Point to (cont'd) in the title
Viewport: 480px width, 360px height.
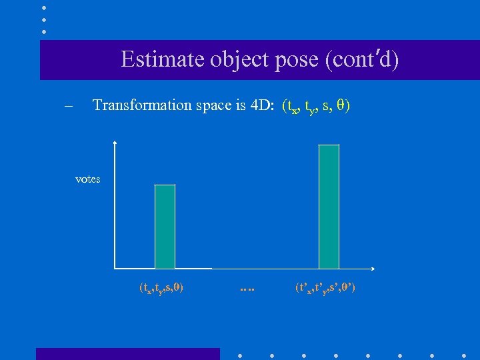point(362,60)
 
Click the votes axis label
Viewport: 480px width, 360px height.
point(88,179)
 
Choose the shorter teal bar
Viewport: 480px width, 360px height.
point(165,227)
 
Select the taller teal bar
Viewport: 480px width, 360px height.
point(329,207)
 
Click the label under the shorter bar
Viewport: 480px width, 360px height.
point(161,288)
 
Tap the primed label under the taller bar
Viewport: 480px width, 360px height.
point(325,288)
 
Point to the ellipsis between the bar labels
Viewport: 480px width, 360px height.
point(247,289)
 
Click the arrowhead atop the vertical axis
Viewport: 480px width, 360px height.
point(116,143)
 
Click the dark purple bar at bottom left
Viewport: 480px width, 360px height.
point(127,353)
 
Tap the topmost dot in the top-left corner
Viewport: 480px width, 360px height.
point(43,7)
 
